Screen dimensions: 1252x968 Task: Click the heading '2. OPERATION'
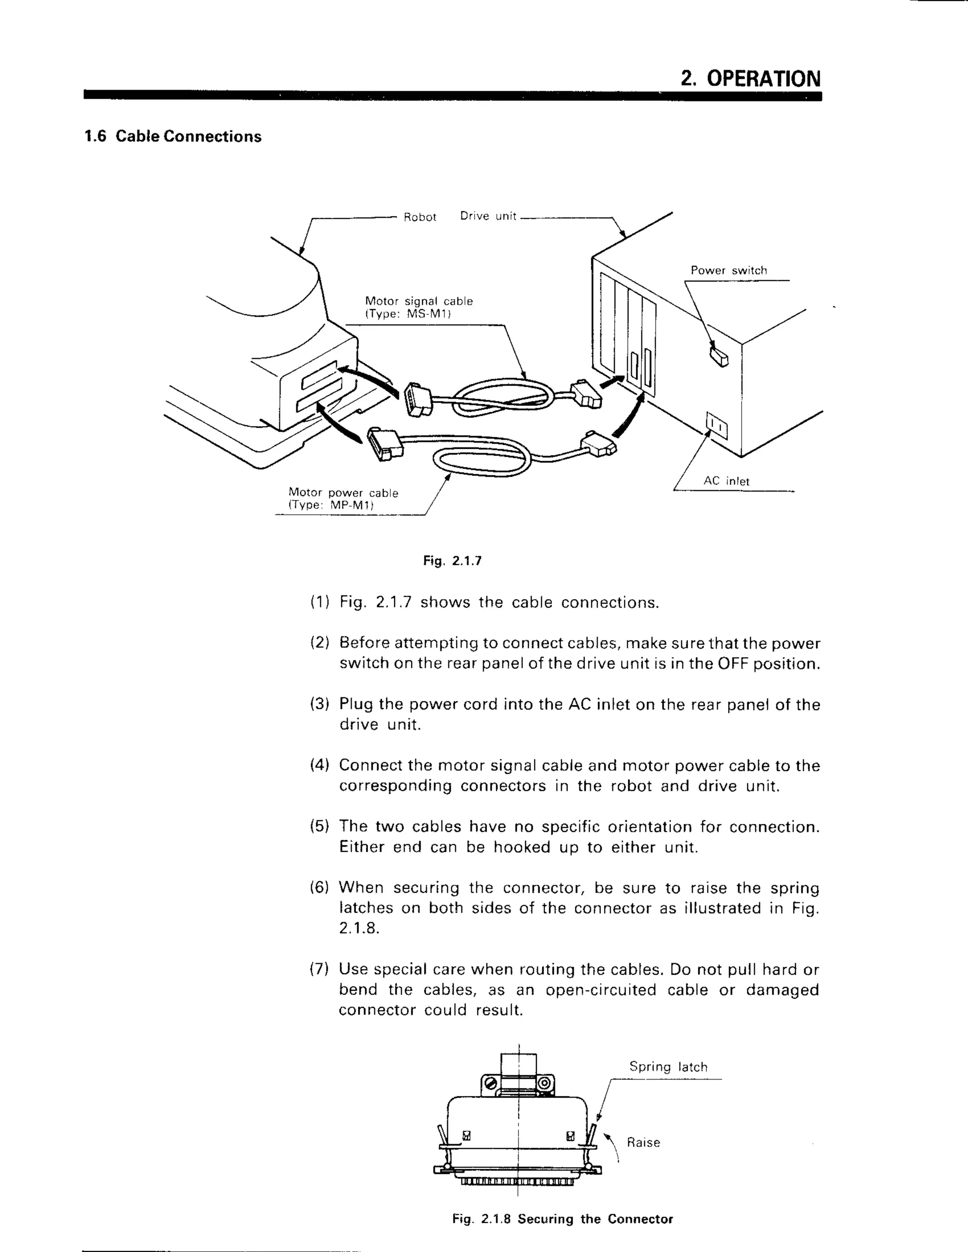[x=750, y=78]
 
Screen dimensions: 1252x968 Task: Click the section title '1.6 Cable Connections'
[x=173, y=137]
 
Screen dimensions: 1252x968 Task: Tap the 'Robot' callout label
[x=420, y=217]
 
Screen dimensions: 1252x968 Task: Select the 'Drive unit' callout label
[x=488, y=216]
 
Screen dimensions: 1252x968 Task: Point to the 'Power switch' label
[x=728, y=271]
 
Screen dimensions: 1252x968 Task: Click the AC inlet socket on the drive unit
[x=716, y=425]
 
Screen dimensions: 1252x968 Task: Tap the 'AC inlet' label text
[x=726, y=481]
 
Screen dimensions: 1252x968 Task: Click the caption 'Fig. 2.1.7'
[x=452, y=561]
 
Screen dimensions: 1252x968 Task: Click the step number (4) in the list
[x=320, y=765]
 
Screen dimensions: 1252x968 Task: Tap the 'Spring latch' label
[x=668, y=1067]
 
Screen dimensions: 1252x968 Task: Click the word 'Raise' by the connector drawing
[x=643, y=1142]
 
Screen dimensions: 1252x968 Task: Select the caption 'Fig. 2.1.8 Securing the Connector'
[x=562, y=1219]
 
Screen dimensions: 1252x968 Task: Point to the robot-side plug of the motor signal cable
[x=417, y=400]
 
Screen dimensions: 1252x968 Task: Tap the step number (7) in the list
[x=320, y=969]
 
